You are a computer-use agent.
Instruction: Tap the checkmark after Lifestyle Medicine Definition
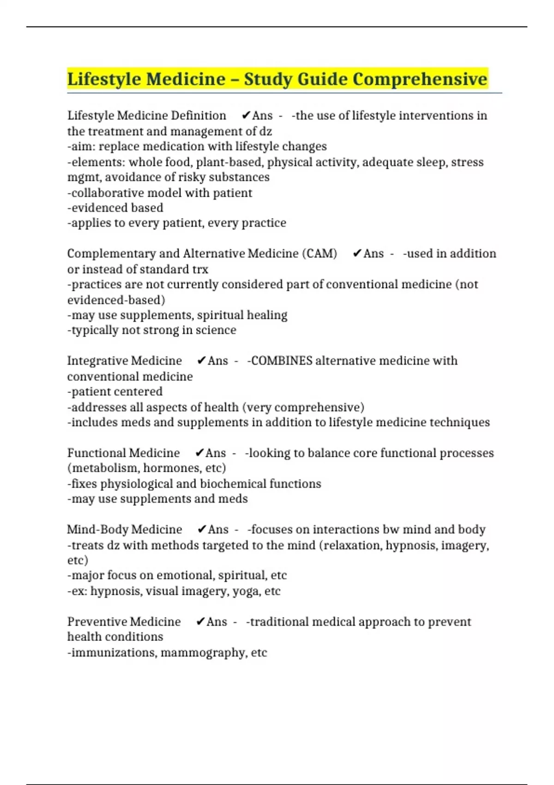tap(246, 115)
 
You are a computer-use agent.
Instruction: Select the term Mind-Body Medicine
tap(124, 529)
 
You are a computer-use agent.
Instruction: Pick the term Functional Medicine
tap(123, 453)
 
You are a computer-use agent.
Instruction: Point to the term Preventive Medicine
tap(124, 622)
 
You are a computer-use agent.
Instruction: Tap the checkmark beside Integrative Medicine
tap(201, 361)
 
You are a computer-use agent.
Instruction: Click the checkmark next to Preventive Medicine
tap(200, 622)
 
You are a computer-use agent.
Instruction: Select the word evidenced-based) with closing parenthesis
tap(116, 300)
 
